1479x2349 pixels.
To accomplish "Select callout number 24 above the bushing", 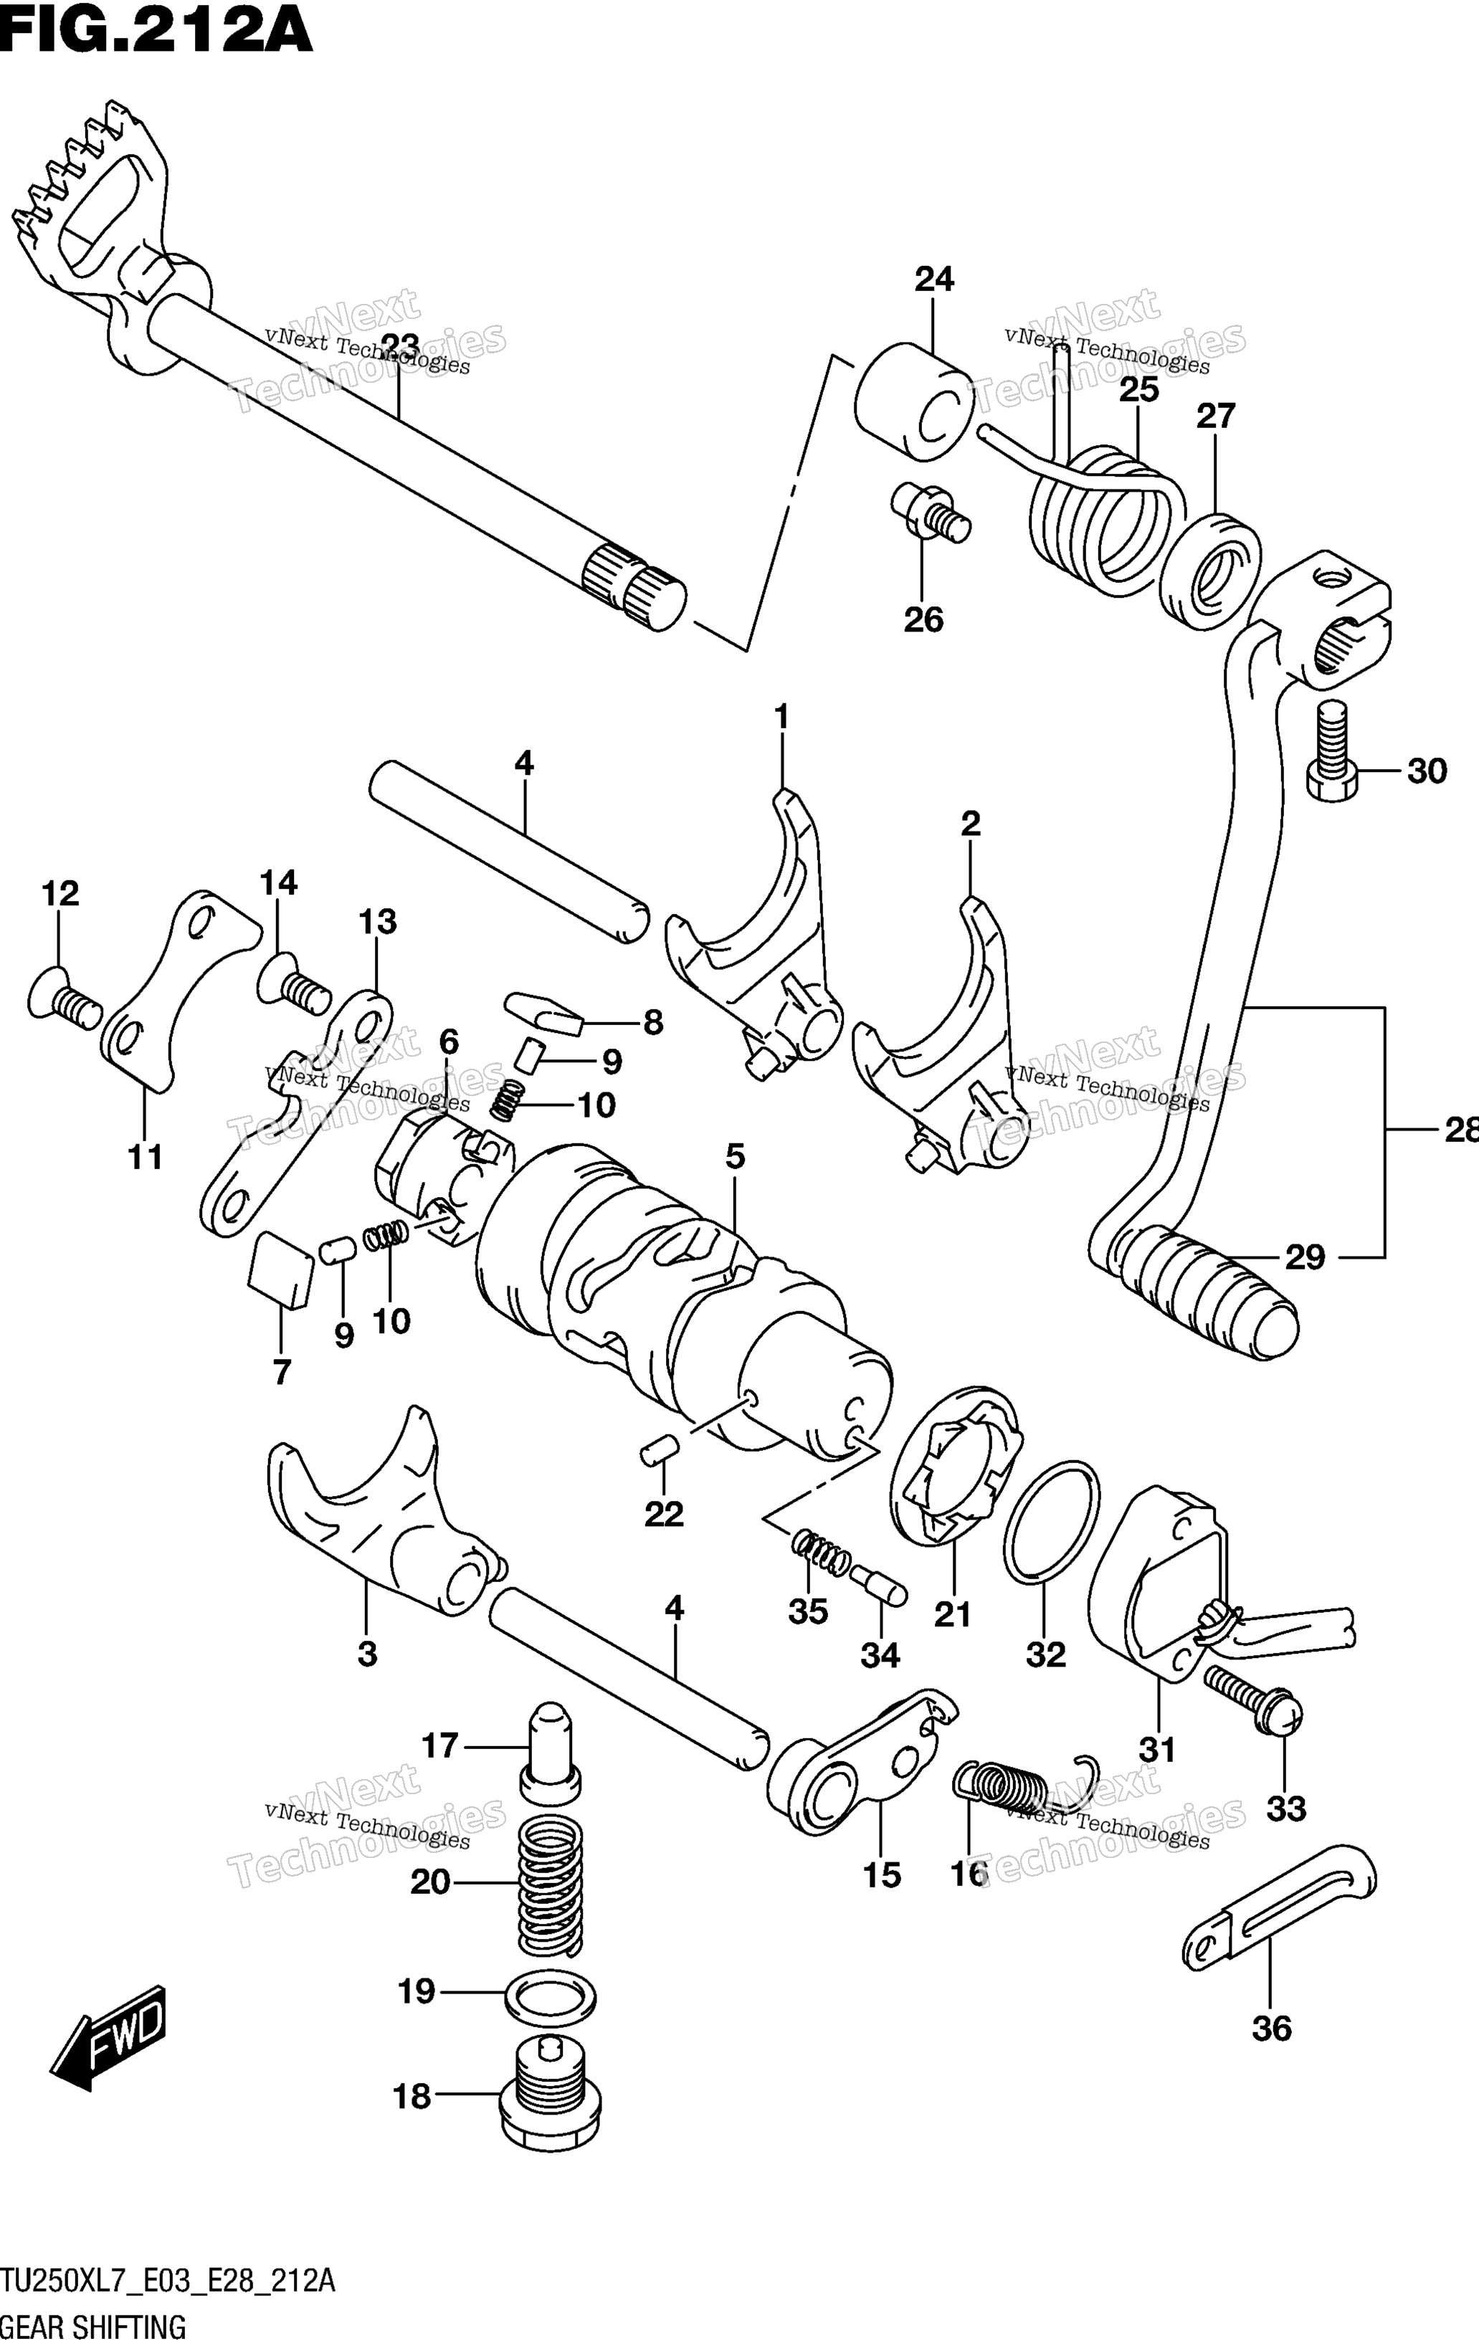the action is coord(933,280).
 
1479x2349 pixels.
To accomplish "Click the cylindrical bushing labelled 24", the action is coord(913,401).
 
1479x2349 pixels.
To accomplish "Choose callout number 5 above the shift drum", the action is coord(736,1157).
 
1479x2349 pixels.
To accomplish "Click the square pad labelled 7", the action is coord(282,1267).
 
